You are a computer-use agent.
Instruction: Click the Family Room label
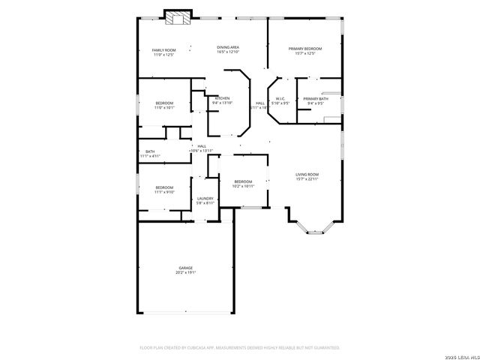(x=163, y=49)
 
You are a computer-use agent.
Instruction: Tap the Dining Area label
(x=228, y=47)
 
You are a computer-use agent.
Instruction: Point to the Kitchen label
(x=223, y=98)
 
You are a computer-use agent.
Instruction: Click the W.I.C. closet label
(x=279, y=98)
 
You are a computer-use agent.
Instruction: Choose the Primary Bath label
(x=315, y=99)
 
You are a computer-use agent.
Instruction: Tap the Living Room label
(x=307, y=174)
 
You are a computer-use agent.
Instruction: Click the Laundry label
(x=205, y=199)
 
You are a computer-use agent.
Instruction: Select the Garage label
(x=185, y=268)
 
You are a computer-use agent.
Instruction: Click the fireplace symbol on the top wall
(x=178, y=17)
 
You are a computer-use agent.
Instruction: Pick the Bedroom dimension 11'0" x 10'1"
(x=164, y=107)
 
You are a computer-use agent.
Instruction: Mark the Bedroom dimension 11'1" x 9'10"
(x=164, y=192)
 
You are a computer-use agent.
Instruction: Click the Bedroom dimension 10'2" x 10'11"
(x=243, y=186)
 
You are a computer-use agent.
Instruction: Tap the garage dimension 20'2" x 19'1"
(x=185, y=272)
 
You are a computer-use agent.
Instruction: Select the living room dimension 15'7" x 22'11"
(x=307, y=178)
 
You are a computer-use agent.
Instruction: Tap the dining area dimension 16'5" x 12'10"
(x=228, y=52)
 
